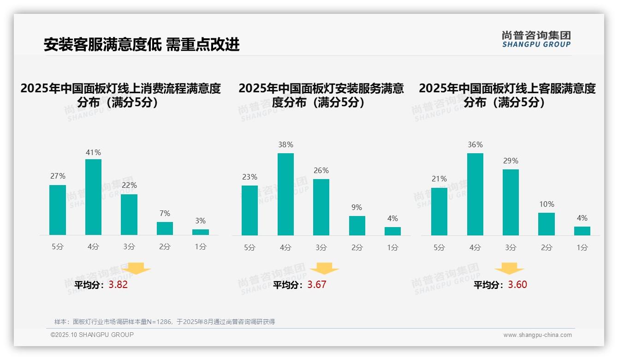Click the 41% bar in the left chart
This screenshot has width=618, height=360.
(x=93, y=197)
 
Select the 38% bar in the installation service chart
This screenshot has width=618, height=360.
(x=285, y=194)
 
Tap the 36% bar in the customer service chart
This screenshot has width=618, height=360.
(x=475, y=194)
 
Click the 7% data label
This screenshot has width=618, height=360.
(x=165, y=213)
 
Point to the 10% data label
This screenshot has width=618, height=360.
(x=547, y=204)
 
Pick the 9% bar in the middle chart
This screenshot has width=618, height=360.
(x=357, y=226)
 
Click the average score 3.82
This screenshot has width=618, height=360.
(x=118, y=285)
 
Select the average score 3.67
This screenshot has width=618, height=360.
(x=317, y=285)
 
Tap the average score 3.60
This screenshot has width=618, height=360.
(x=517, y=285)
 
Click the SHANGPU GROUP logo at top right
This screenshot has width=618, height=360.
(x=536, y=39)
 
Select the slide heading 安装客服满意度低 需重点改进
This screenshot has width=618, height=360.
(x=142, y=45)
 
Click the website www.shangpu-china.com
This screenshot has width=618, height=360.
(x=537, y=335)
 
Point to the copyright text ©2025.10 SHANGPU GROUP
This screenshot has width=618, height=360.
(x=92, y=335)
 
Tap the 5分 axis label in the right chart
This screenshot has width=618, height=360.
(x=439, y=247)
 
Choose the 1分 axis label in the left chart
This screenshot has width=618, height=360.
(x=200, y=246)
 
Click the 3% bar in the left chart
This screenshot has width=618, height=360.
(x=201, y=232)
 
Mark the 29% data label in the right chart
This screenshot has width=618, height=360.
(x=511, y=161)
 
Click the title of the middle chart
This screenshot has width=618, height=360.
(x=321, y=95)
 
